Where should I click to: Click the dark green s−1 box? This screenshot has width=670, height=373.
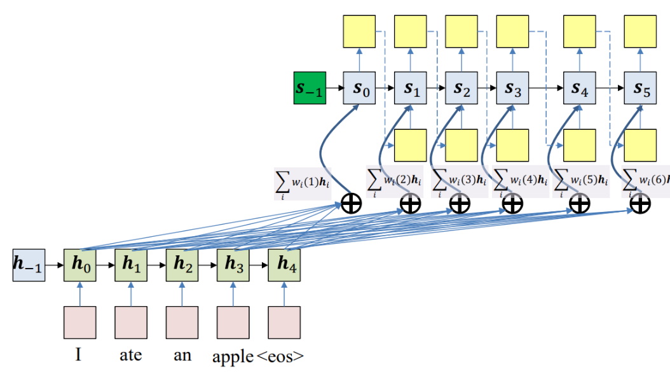pos(310,87)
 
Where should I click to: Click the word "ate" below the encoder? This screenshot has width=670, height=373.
pos(130,354)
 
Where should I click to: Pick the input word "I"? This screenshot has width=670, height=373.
pos(79,354)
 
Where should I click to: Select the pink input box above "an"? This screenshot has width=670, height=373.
pos(182,322)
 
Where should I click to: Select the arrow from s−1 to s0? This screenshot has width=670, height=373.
pos(335,88)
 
